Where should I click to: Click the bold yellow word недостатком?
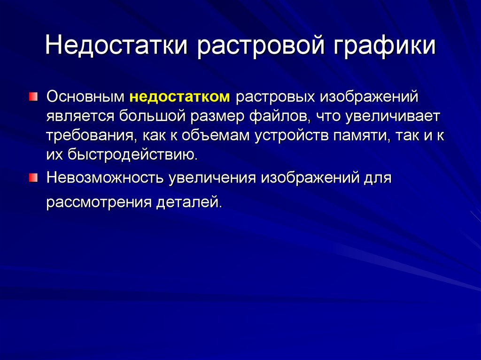(180, 98)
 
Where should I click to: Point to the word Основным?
(85, 98)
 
